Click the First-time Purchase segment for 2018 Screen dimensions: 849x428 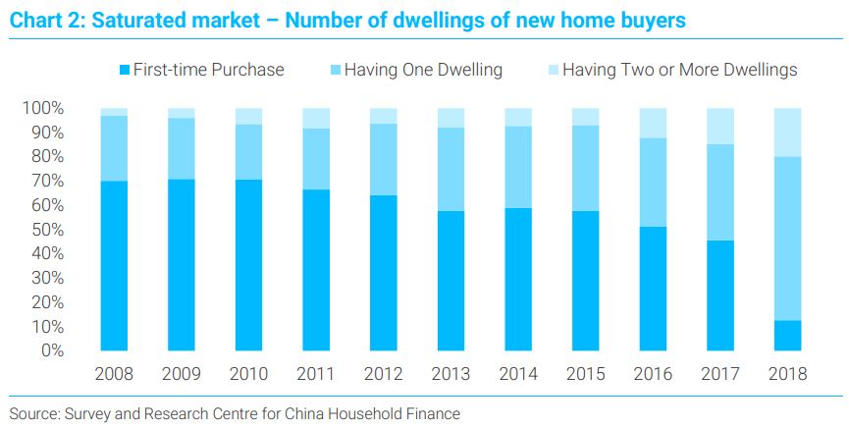coord(788,336)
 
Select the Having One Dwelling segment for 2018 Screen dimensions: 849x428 coord(788,239)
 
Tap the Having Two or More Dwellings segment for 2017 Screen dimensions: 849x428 coord(720,127)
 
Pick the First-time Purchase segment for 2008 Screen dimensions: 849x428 coord(114,265)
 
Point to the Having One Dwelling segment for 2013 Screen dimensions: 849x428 coord(451,169)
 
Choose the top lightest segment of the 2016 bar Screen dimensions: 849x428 coord(653,123)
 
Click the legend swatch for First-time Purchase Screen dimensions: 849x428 coord(125,71)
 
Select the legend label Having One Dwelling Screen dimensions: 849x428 coord(423,70)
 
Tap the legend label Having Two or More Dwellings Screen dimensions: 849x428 coord(680,70)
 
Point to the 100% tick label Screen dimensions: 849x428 coord(43,108)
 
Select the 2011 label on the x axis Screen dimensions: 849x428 coord(316,374)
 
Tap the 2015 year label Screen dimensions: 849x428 coord(586,374)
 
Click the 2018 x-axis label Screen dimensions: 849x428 coord(788,374)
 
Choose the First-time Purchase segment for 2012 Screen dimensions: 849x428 coord(384,273)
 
